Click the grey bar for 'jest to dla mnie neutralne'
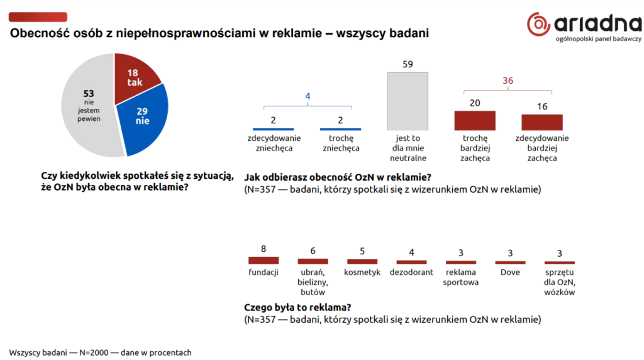408,101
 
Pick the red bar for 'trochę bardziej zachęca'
475,120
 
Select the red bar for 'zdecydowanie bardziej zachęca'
542,122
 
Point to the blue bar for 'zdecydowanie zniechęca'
273,129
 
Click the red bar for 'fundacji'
264,260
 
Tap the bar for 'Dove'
510,262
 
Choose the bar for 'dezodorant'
411,262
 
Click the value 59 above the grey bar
408,64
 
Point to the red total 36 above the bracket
508,81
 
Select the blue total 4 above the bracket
308,96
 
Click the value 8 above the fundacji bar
264,249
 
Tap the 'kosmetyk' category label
362,272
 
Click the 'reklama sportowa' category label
461,277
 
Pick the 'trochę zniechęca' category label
341,143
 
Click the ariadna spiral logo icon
538,24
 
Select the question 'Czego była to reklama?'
297,307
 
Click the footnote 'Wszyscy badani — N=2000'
58,352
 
